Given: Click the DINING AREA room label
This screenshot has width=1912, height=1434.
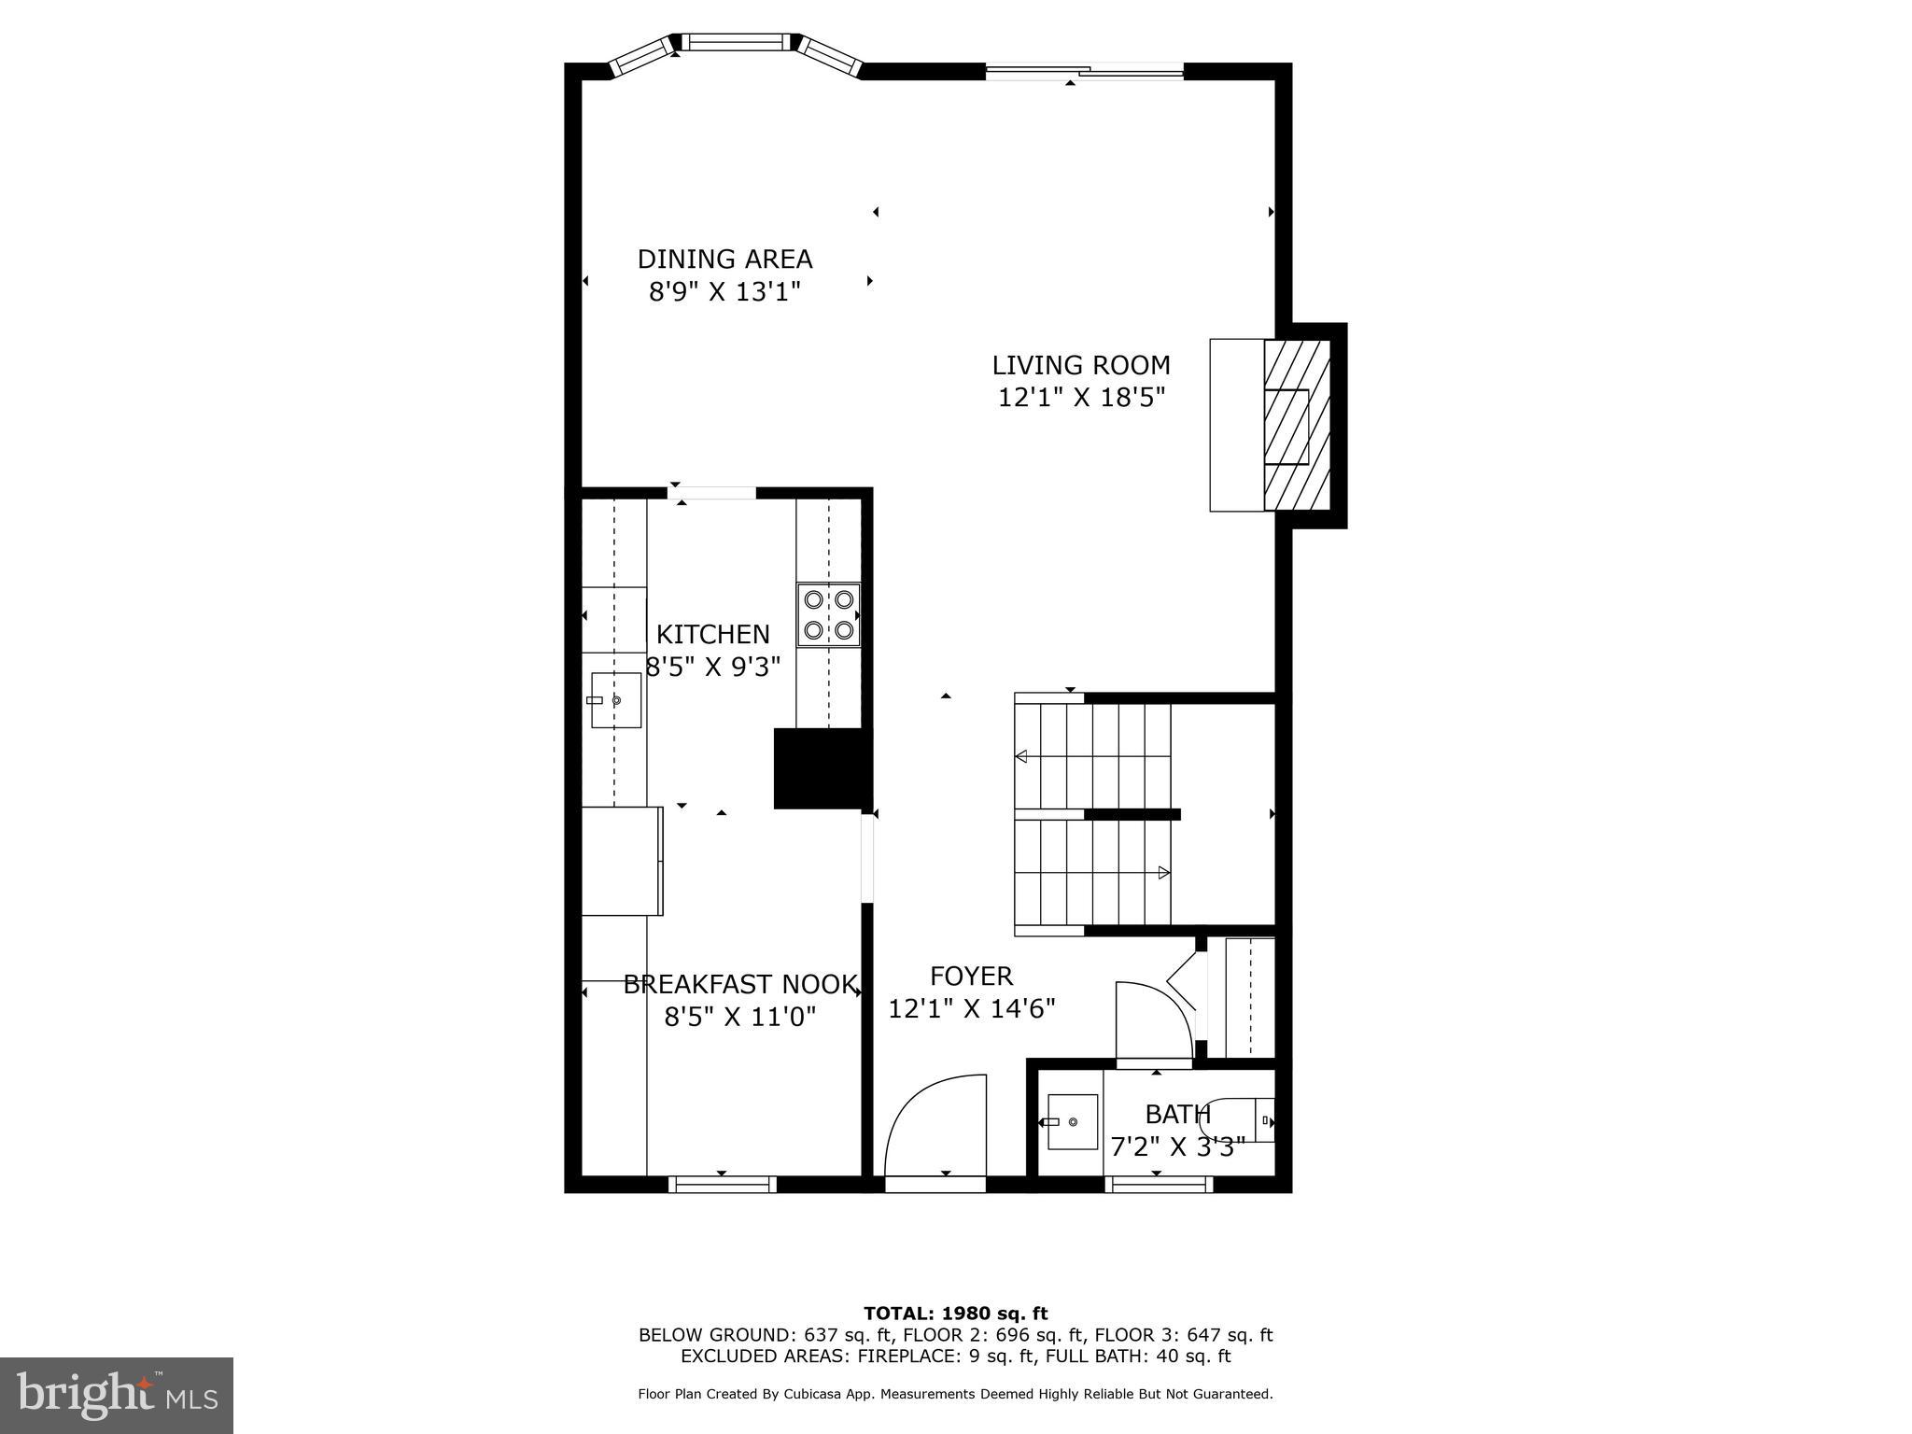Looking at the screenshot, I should click(x=724, y=259).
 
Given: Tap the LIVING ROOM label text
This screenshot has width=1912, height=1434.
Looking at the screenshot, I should click(x=1080, y=365).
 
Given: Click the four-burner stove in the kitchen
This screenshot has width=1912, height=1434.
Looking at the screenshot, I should click(x=828, y=614).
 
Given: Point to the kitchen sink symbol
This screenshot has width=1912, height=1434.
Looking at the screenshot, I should click(x=615, y=699).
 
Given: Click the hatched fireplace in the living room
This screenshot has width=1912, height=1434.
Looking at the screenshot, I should click(x=1296, y=425).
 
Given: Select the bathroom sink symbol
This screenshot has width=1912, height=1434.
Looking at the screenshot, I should click(x=1071, y=1121).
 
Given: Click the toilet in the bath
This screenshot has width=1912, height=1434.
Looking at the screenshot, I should click(x=1246, y=1119).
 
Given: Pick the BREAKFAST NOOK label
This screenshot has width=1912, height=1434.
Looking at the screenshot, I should click(x=739, y=984).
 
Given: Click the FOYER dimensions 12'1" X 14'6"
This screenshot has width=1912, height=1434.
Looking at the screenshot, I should click(x=971, y=1009).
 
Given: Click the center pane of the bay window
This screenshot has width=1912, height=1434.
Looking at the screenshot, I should click(x=737, y=41).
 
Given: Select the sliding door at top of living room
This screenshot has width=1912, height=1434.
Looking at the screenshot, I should click(x=1085, y=69).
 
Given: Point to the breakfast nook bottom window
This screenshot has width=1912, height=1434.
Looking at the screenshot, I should click(x=723, y=1184).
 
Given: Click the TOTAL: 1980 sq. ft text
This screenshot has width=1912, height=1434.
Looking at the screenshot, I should click(x=955, y=1314).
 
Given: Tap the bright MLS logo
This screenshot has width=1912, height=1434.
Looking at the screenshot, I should click(x=117, y=1395).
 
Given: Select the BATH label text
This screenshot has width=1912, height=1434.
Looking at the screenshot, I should click(x=1177, y=1115).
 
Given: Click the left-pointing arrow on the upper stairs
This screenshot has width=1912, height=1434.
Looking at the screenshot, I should click(x=1020, y=756).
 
